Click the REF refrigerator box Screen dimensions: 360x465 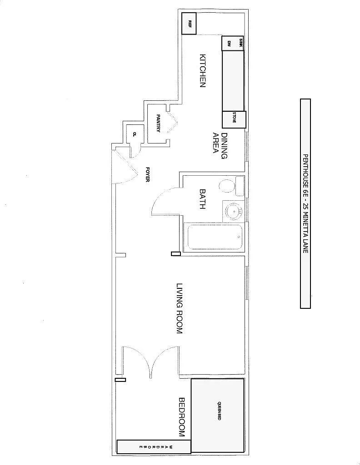(x=189, y=23)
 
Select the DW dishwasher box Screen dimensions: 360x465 (x=230, y=44)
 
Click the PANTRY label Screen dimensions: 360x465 (x=159, y=123)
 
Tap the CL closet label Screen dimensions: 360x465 (x=135, y=134)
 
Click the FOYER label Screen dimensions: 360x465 (x=148, y=174)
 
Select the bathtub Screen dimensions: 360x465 (x=214, y=236)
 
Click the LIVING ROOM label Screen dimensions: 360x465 (x=180, y=308)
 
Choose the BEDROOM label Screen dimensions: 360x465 (x=182, y=417)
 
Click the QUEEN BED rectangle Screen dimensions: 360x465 (x=219, y=415)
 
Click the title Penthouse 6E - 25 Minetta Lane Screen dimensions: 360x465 (x=305, y=203)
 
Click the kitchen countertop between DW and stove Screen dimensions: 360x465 (x=232, y=80)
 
